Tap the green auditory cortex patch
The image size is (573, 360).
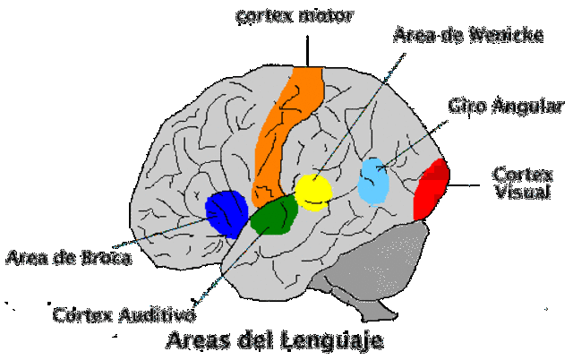pyautogui.click(x=274, y=216)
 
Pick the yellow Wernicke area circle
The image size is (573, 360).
pyautogui.click(x=313, y=192)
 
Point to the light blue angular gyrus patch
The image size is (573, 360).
pyautogui.click(x=374, y=182)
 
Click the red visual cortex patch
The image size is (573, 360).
pyautogui.click(x=432, y=189)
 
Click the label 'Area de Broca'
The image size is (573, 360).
pyautogui.click(x=68, y=260)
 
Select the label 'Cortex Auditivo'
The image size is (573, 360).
pyautogui.click(x=125, y=314)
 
